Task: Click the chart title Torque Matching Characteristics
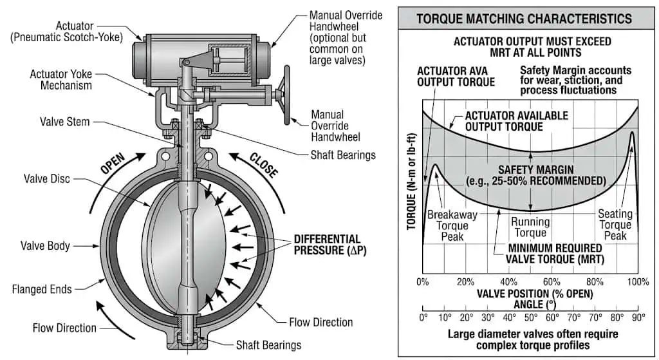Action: [x=524, y=18]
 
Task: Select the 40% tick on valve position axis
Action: [x=508, y=282]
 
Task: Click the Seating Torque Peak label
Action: [x=615, y=225]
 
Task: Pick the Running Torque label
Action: [x=530, y=227]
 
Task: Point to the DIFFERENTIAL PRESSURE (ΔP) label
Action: [x=327, y=245]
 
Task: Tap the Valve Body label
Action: [x=46, y=245]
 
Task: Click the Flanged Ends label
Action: [x=42, y=289]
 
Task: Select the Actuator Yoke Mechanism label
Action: [x=60, y=80]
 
